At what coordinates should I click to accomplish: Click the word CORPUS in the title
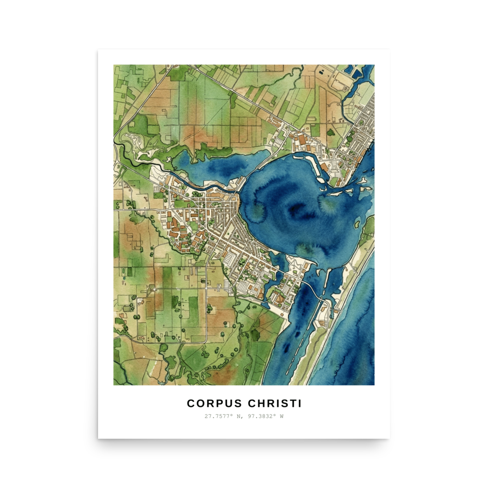pyautogui.click(x=214, y=404)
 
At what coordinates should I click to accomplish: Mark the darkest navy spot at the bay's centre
pyautogui.click(x=295, y=210)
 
